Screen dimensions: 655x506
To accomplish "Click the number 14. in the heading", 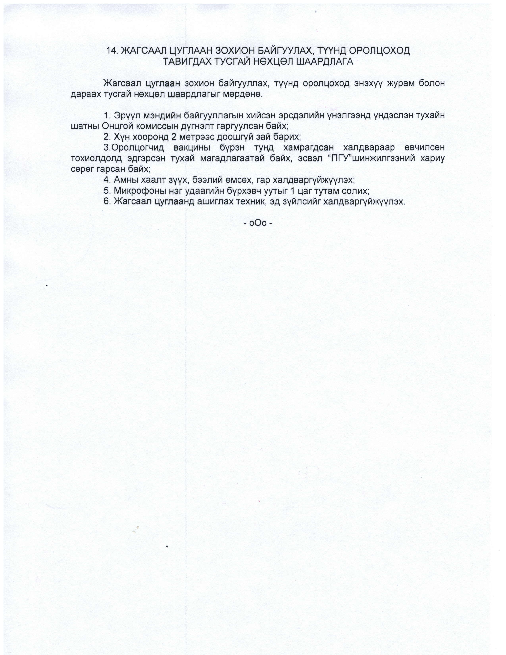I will (113, 51).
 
